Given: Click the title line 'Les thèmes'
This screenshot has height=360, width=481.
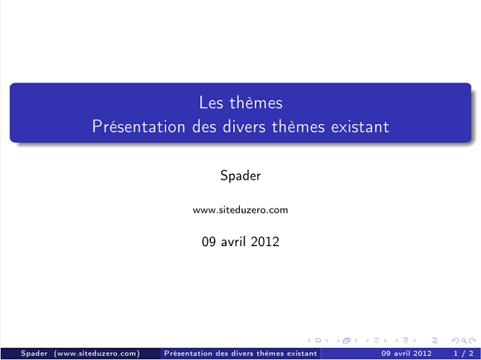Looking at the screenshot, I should coord(240,103).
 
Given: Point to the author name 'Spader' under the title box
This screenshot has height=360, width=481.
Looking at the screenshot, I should coord(240,176).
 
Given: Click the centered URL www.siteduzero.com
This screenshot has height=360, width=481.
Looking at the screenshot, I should coord(240,210).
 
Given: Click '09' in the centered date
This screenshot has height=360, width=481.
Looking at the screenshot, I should coord(209,241).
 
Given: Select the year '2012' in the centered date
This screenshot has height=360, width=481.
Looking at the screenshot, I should coord(265,241).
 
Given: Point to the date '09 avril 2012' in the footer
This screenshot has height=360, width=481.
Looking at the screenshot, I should coord(406,353).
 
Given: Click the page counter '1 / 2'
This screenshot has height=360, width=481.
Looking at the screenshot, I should coord(463,353).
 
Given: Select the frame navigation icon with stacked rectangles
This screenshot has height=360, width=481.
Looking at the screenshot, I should coord(347,340).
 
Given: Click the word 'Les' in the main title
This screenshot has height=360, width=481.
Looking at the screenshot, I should coord(211,103).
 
